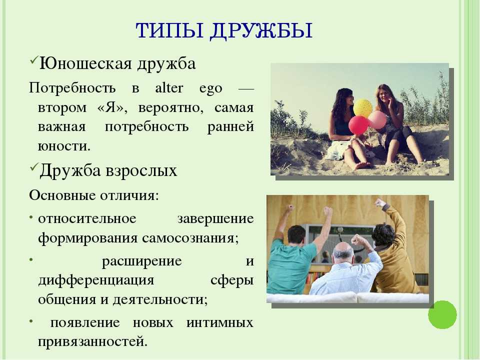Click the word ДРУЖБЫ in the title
261,30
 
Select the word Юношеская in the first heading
85,63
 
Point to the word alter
169,88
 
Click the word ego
210,89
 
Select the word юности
64,146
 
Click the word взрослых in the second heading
141,170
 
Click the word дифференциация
96,280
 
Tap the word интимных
220,322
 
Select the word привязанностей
93,342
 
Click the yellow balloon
363,107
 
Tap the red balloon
358,125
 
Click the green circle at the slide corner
442,314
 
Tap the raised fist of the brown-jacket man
380,202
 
